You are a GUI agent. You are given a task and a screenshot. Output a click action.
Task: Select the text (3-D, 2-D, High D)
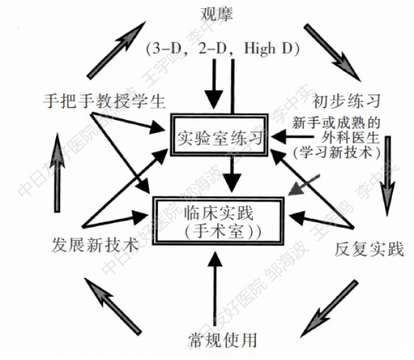pyautogui.click(x=221, y=48)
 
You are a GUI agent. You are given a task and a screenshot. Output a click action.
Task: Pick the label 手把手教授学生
pyautogui.click(x=101, y=101)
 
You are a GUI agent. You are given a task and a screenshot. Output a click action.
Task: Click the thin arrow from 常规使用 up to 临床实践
pyautogui.click(x=217, y=286)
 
